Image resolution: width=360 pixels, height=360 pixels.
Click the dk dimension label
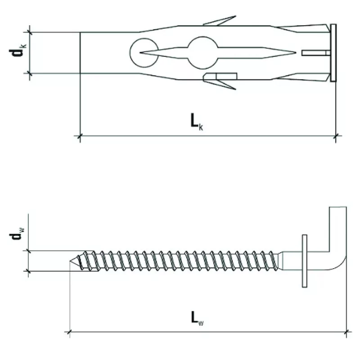coord(18,50)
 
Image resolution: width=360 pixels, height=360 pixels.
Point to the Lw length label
coord(197,319)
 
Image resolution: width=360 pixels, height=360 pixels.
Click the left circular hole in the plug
coord(144,53)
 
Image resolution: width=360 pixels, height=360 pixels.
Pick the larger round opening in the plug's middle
coord(202,53)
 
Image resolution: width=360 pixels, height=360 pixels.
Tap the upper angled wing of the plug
coord(220,20)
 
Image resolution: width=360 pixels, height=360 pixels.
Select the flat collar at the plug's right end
coord(333,53)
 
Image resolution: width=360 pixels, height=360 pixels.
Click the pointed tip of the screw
coord(70,261)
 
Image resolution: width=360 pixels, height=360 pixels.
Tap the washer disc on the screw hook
coord(305,261)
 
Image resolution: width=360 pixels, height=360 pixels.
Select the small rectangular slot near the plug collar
coord(316,53)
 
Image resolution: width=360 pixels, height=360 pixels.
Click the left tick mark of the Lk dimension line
coord(80,136)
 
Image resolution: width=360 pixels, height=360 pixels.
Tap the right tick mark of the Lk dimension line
coord(336,136)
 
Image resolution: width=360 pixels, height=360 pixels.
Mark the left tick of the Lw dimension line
coord(70,332)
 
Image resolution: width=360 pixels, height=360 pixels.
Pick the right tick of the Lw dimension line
coord(346,332)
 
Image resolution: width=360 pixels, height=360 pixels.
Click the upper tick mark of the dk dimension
coord(29,32)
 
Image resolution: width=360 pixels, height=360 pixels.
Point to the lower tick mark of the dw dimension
coord(28,271)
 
